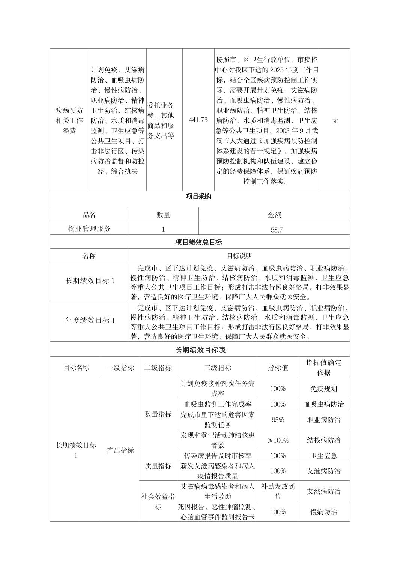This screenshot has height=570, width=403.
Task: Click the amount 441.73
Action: coord(198,120)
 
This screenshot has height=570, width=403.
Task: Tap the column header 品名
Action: coord(89,215)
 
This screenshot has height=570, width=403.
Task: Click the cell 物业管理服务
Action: coord(89,229)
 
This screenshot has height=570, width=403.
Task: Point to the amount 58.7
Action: coord(276,229)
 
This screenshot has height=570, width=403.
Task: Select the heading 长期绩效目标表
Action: coord(200,350)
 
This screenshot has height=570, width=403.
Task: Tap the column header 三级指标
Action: coord(218,367)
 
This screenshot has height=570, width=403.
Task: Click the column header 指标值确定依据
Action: coord(324,367)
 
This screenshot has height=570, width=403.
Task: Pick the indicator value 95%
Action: coord(278,420)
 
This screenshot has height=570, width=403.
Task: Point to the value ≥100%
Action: coord(278,440)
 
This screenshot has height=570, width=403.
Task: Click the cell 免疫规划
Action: coord(324,388)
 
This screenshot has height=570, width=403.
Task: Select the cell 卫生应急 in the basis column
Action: coord(324,456)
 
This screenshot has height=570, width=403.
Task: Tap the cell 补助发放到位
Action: coord(278,491)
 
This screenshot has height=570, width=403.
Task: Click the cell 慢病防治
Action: coord(324,512)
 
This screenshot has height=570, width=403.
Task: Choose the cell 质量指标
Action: coord(158,466)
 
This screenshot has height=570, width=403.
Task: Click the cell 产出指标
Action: coord(120,450)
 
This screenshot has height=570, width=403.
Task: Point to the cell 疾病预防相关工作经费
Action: coord(69,120)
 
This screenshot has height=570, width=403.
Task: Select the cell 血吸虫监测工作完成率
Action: coord(218,404)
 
